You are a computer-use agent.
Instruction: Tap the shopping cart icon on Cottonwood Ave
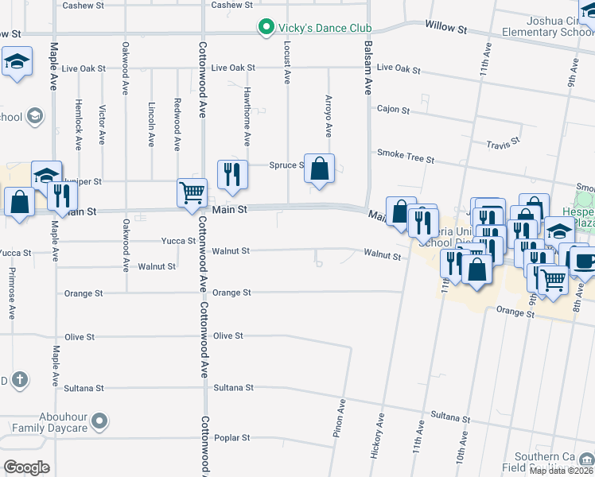point(192,192)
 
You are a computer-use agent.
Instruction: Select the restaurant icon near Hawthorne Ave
point(232,173)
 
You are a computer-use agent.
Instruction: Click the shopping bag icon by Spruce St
point(319,169)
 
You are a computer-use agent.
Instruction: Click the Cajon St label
point(393,110)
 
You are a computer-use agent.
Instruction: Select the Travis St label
point(504,144)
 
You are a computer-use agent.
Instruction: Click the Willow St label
point(445,28)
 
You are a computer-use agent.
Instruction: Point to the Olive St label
point(227,336)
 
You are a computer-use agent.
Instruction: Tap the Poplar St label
point(231,438)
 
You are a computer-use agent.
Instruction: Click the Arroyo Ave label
point(329,115)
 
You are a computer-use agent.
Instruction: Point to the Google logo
point(27,467)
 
